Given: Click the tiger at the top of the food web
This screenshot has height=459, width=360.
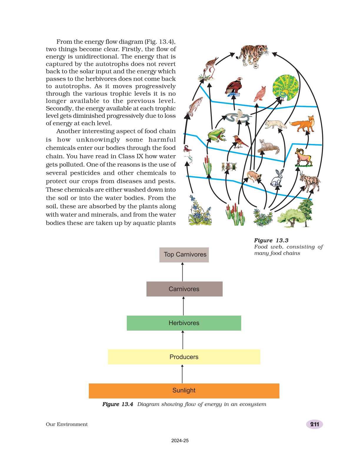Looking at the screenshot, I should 253,56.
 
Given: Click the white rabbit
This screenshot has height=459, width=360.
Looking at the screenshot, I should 277,178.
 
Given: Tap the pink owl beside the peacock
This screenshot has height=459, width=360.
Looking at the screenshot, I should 260,94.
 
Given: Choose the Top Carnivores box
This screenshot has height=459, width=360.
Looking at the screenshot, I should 184,255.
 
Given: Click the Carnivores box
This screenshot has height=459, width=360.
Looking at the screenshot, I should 184,289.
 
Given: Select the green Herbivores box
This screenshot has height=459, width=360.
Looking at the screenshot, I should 184,323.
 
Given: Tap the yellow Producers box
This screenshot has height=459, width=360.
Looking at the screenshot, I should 184,357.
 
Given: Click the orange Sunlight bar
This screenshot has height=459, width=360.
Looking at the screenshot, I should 184,391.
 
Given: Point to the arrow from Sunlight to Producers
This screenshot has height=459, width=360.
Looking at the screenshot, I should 182,374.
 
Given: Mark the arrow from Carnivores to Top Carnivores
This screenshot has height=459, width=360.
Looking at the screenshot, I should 183,272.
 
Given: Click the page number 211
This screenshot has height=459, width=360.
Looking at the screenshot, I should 314,424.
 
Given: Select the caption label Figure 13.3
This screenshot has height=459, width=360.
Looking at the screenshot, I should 271,240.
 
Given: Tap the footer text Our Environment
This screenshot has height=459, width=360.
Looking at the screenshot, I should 67,424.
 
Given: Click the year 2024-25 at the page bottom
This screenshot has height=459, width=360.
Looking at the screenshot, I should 180,440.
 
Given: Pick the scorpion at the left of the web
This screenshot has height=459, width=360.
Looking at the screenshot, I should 187,149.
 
